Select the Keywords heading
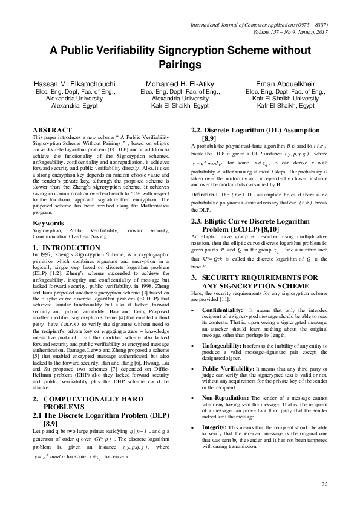tap(49, 222)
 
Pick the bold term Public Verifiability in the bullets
tap(227, 351)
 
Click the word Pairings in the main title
tap(180, 63)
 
